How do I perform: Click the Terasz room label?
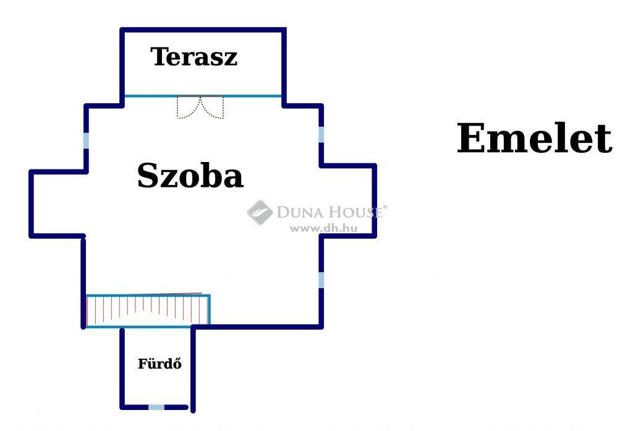click(193, 56)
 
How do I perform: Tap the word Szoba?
click(190, 176)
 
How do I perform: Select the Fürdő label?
click(159, 364)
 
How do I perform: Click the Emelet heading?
click(534, 139)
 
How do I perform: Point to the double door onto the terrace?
click(200, 107)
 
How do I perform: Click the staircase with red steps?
click(148, 310)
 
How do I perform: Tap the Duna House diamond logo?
click(260, 213)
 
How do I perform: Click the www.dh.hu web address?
click(324, 228)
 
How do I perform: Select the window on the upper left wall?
click(86, 140)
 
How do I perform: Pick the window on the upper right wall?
click(321, 135)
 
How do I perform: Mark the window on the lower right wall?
click(321, 280)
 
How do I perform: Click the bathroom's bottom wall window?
click(156, 407)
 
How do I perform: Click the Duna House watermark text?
click(330, 211)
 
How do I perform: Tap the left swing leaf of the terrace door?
click(189, 107)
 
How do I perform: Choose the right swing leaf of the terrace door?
click(212, 107)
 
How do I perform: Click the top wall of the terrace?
click(203, 30)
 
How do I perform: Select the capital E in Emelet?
click(470, 139)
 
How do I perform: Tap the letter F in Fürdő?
click(142, 364)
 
